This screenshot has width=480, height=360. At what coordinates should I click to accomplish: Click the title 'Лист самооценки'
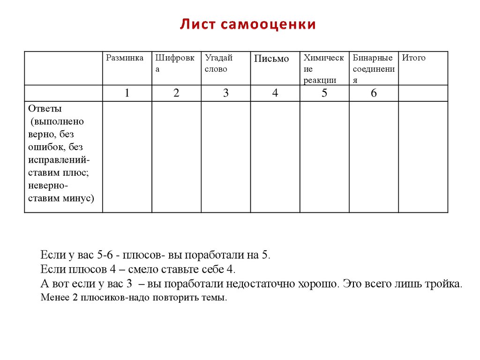(248, 24)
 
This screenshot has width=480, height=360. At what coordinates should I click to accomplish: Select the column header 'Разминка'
(125, 58)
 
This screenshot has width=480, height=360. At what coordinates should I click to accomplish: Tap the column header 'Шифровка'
(174, 63)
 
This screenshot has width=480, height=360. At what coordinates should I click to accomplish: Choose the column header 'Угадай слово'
(218, 63)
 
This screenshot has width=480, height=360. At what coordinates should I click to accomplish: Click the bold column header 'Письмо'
(271, 59)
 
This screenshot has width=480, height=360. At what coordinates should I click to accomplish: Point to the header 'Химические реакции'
(323, 69)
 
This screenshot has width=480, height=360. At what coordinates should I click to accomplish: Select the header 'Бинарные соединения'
(373, 69)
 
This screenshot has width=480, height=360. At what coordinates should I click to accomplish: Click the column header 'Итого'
(413, 58)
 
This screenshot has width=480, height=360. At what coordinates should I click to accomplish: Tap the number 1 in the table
(127, 93)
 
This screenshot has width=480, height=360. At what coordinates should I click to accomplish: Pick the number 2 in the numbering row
(176, 93)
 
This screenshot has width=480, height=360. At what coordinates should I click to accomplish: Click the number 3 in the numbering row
(225, 93)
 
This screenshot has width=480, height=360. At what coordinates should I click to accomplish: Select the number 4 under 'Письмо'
(275, 93)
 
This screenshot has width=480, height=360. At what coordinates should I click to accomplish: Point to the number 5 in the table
(324, 93)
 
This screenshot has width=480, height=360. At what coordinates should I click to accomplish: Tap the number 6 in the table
(374, 93)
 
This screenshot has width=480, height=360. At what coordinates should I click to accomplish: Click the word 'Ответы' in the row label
(45, 109)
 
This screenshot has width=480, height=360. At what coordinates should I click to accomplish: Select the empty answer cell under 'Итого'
(423, 157)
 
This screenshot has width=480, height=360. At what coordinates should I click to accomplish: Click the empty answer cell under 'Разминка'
(127, 157)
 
